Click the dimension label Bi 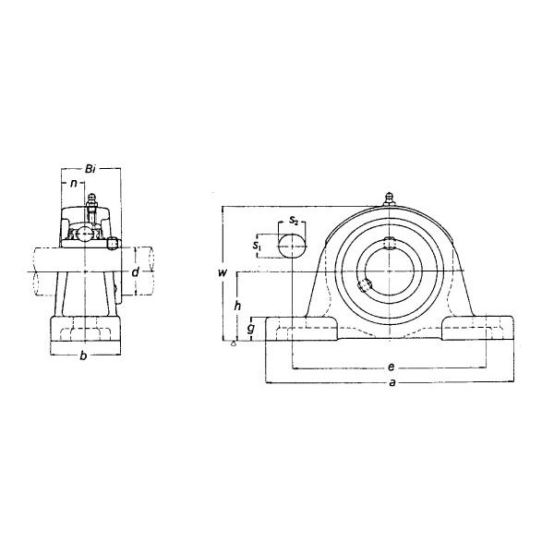click(90, 169)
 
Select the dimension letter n click(74, 183)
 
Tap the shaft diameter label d click(136, 272)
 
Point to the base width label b click(83, 355)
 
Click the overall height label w click(223, 272)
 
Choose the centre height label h click(238, 306)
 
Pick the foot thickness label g click(251, 328)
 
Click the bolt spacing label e click(391, 367)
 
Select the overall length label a click(392, 382)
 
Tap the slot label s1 click(257, 246)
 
